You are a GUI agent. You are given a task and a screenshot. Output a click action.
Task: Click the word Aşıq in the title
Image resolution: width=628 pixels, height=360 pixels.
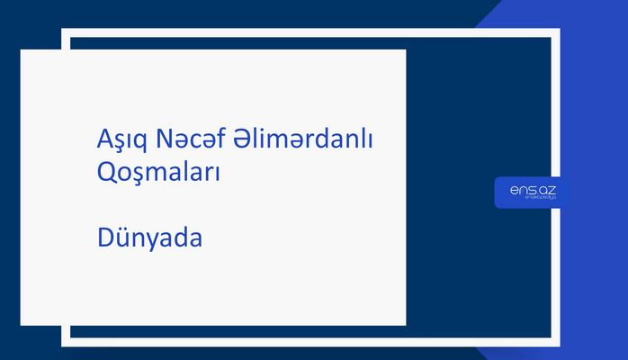(x=121, y=140)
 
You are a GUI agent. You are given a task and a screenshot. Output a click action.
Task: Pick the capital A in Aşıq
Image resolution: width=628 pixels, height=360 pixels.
(x=103, y=140)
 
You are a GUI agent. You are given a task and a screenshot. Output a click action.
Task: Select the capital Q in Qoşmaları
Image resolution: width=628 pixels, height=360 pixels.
(x=106, y=172)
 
